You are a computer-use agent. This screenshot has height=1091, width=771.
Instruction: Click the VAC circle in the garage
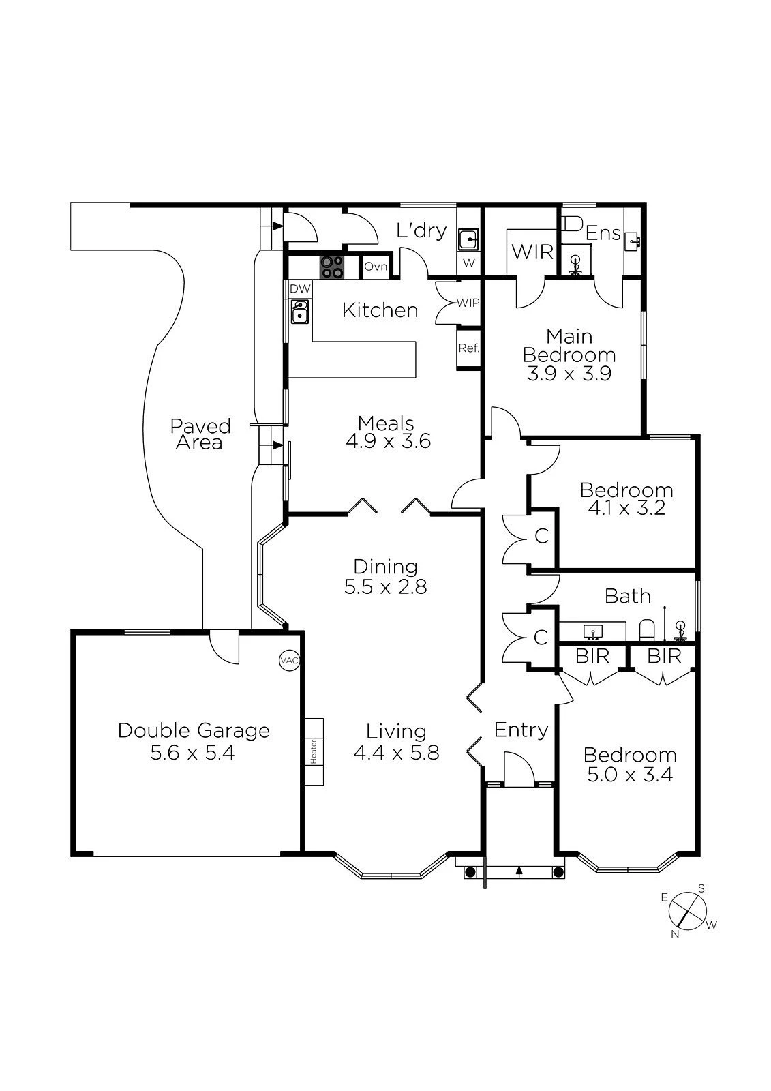[289, 660]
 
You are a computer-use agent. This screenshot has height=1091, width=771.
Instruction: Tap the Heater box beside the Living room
[314, 751]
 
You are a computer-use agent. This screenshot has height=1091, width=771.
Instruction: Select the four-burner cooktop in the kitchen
[333, 266]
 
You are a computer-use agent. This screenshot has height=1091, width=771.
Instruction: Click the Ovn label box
[375, 267]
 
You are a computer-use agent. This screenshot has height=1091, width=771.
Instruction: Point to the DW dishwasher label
[300, 289]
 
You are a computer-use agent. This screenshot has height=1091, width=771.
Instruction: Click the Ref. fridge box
[468, 348]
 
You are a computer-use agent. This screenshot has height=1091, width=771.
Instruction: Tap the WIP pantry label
[467, 302]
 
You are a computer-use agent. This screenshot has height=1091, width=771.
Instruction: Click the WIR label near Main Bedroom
[532, 252]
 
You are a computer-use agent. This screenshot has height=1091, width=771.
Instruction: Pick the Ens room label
[603, 233]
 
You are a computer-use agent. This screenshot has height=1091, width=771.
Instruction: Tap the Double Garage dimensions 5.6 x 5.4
[192, 753]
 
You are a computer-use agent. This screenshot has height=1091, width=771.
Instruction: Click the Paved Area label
[200, 434]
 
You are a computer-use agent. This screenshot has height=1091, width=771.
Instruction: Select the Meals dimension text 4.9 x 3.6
[387, 441]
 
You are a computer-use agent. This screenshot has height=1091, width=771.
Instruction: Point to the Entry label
[521, 730]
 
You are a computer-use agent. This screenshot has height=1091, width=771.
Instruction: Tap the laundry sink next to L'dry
[468, 240]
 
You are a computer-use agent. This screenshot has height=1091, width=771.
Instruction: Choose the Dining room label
[385, 567]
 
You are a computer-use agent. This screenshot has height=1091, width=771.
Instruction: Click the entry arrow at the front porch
[519, 871]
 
